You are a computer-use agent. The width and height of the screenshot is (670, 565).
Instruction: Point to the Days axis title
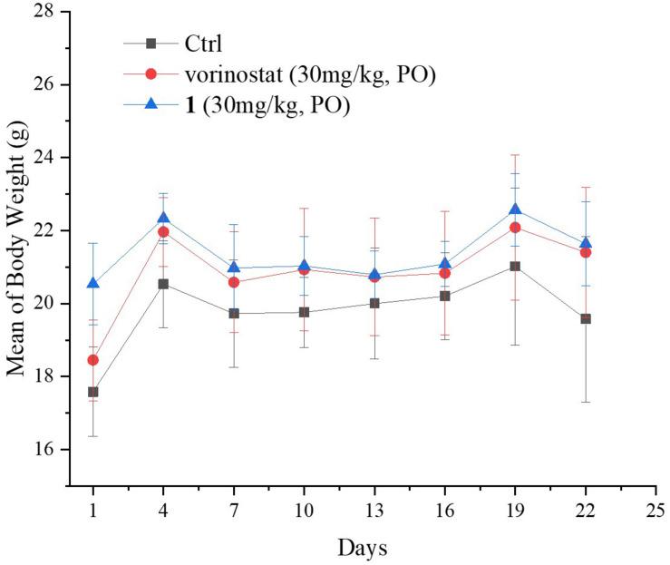(362, 548)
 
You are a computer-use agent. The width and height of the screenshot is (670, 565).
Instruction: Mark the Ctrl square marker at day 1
(92, 392)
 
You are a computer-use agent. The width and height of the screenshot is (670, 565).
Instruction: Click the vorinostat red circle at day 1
(92, 360)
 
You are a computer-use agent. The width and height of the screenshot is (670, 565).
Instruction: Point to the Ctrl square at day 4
(163, 284)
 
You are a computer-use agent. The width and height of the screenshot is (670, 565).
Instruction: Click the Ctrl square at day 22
(586, 319)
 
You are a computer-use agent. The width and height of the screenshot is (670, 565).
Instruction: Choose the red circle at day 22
(586, 252)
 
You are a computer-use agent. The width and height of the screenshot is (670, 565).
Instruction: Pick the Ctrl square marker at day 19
(515, 266)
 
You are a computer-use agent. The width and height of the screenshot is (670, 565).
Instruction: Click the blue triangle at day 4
(163, 218)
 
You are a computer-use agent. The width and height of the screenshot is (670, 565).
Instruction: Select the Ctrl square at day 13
(374, 303)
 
